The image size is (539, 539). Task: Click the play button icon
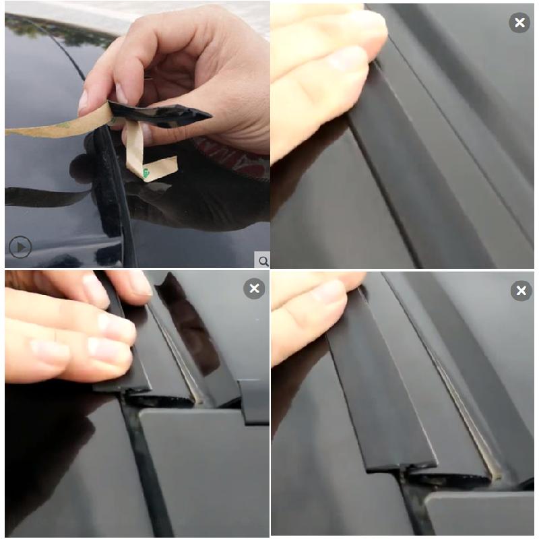point(20,247)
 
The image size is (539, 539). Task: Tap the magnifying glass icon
point(263,261)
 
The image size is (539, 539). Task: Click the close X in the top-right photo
point(519,23)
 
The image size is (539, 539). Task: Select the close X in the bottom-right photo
point(520,291)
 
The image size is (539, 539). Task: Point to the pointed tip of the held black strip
point(206,115)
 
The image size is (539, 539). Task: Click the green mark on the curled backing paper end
point(146,174)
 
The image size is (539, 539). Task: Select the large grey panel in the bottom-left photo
point(202,472)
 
